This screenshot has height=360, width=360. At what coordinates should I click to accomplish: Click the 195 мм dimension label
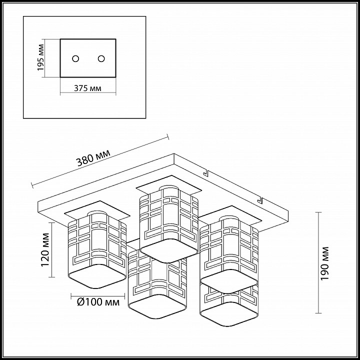(x=40, y=57)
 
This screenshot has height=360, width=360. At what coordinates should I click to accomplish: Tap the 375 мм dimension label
(x=87, y=88)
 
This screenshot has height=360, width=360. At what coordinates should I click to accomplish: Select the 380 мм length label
(x=93, y=157)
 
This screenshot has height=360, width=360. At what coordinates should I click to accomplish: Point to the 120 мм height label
(x=45, y=250)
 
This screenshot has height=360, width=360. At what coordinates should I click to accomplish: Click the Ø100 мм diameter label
(x=98, y=302)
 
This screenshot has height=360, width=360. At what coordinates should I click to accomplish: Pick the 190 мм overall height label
(x=324, y=263)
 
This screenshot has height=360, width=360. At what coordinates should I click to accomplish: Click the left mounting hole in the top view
(x=75, y=58)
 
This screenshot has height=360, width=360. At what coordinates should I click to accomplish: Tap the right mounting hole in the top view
(x=101, y=58)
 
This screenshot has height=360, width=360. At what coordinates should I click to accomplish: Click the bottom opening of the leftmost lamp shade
(x=97, y=276)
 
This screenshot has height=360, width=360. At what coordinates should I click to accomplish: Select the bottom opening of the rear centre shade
(x=169, y=251)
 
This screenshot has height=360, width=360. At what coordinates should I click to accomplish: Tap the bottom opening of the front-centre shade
(x=157, y=306)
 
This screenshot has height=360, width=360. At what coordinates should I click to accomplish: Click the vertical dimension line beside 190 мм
(x=318, y=262)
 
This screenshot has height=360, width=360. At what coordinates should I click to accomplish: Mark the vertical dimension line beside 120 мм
(x=52, y=250)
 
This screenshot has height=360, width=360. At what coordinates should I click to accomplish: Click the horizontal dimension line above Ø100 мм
(x=98, y=296)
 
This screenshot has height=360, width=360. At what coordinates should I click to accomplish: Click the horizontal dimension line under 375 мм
(x=88, y=93)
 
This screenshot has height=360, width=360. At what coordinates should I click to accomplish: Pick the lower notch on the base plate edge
(x=259, y=199)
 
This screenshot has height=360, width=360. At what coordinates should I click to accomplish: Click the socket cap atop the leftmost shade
(x=97, y=213)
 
